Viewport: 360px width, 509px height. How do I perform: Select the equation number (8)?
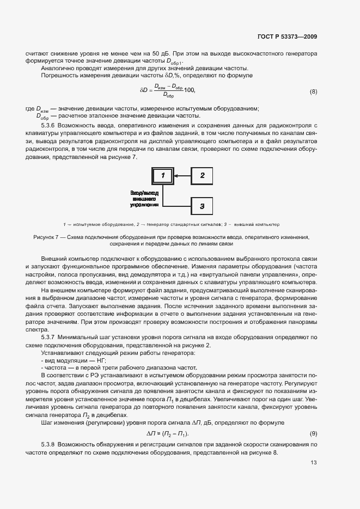pyautogui.click(x=313, y=91)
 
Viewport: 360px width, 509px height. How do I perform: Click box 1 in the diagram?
pyautogui.click(x=162, y=175)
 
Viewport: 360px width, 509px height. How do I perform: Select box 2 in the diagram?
pyautogui.click(x=202, y=175)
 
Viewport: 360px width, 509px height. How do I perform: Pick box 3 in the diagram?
pyautogui.click(x=202, y=206)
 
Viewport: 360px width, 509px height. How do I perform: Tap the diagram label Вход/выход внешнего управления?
pyautogui.click(x=144, y=199)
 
